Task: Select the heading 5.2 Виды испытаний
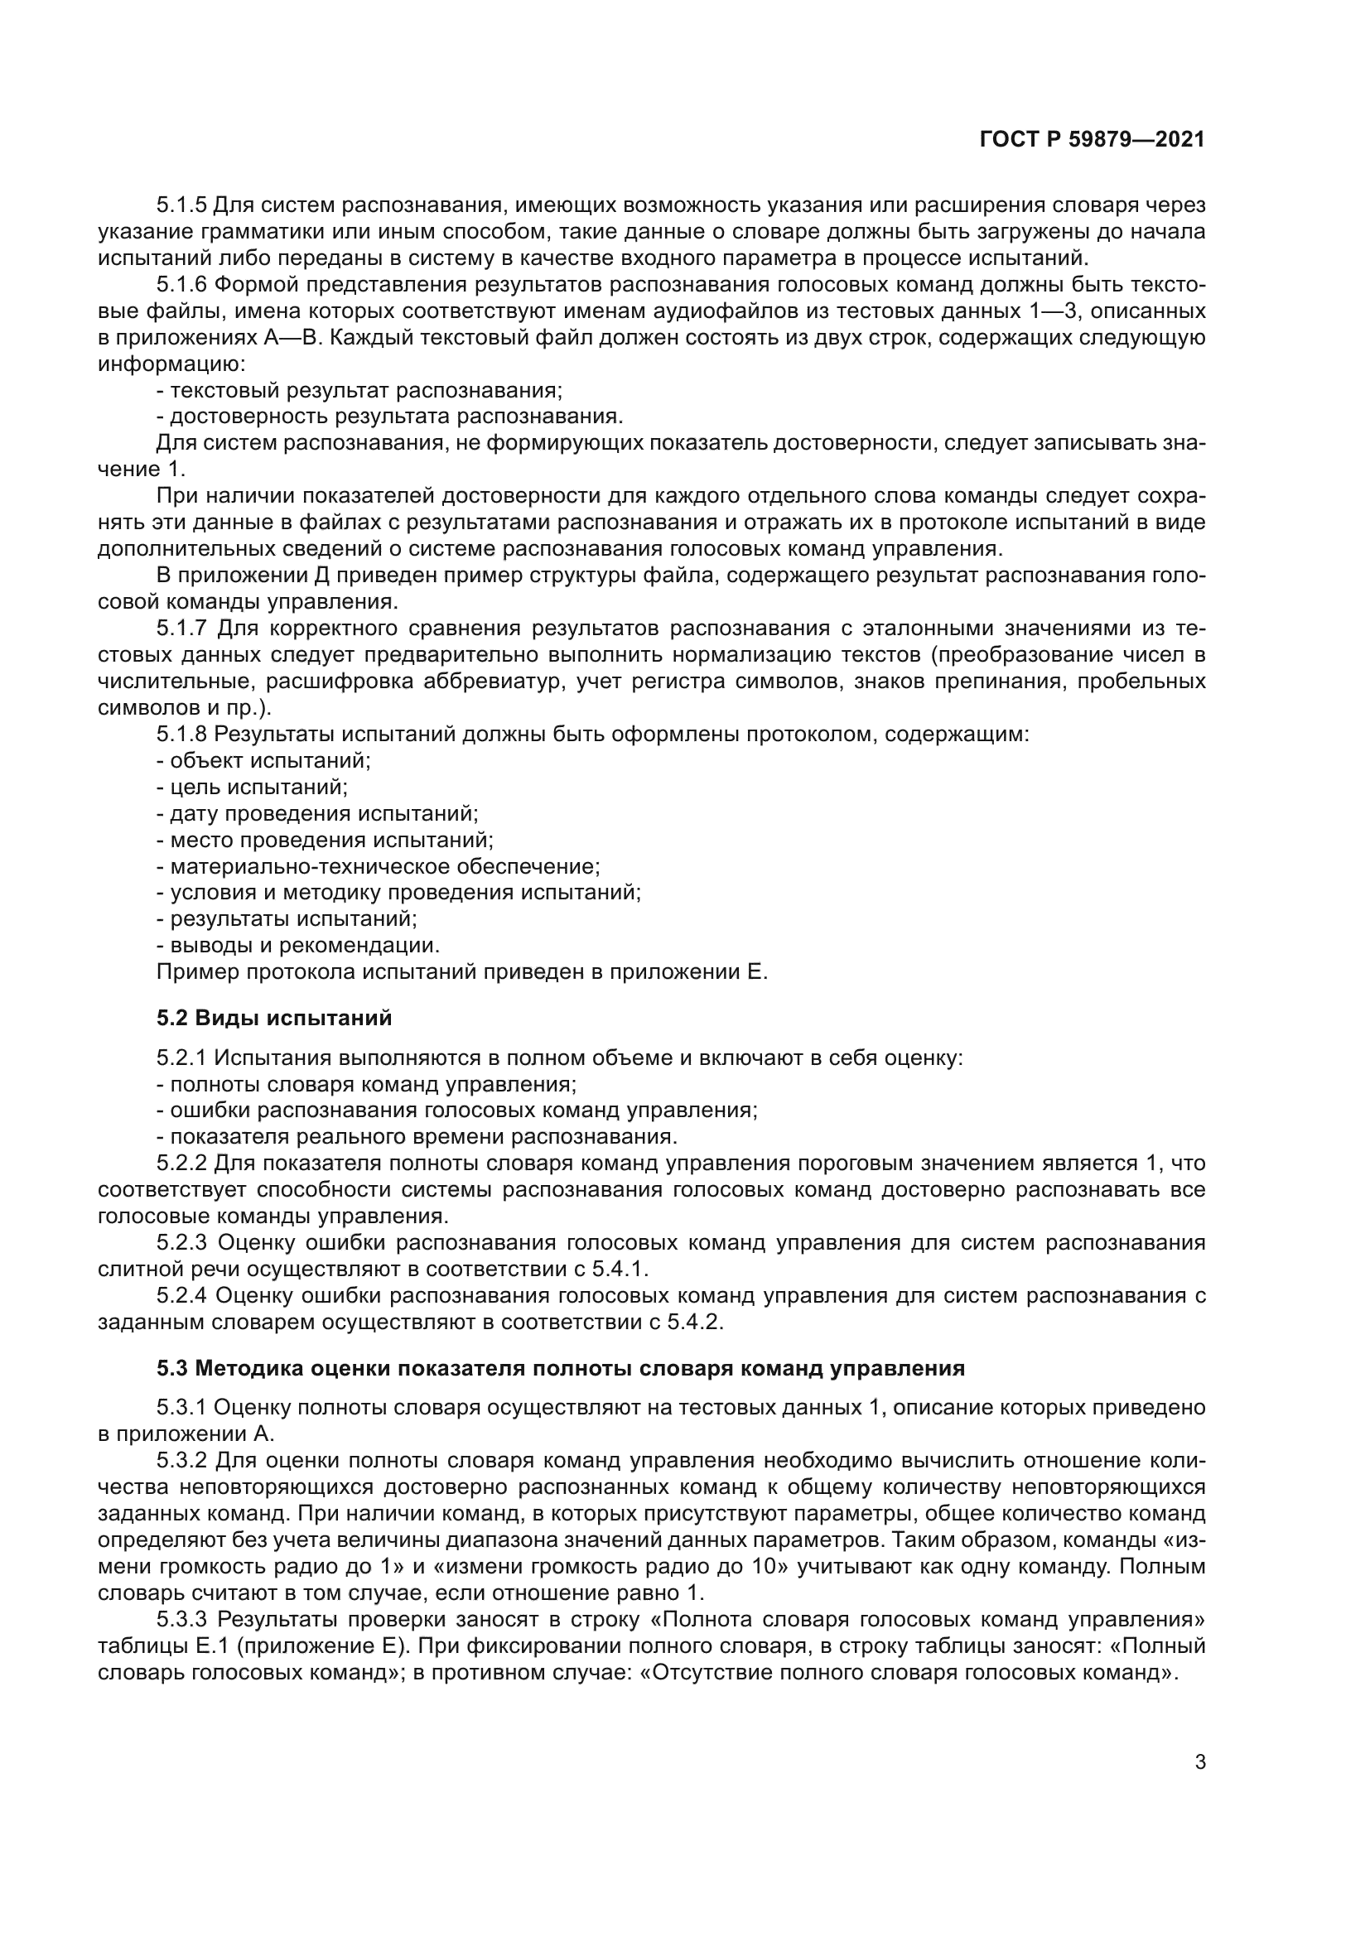click(274, 1018)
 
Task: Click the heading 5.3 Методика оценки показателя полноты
click(560, 1367)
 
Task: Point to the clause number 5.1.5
click(181, 205)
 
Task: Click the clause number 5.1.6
click(181, 285)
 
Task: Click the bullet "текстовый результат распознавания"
click(359, 391)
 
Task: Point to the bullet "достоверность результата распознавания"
click(390, 417)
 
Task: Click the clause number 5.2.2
click(181, 1164)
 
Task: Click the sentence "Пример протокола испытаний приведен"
click(462, 972)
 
